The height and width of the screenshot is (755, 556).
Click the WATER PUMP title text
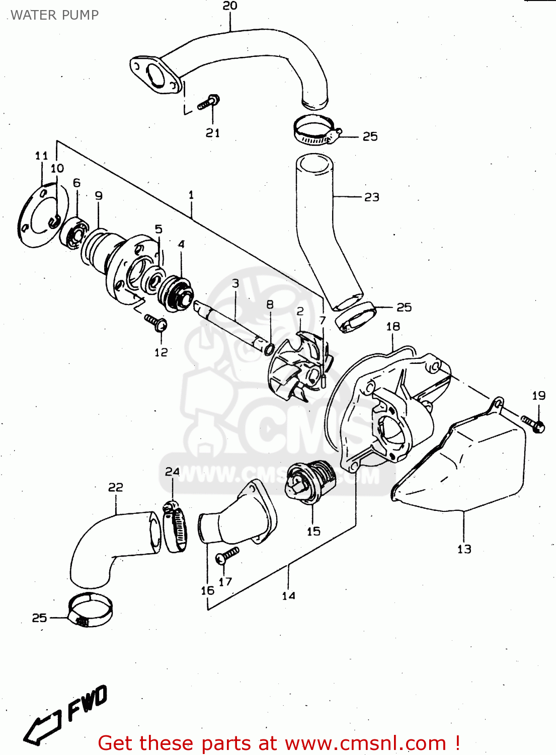[54, 15]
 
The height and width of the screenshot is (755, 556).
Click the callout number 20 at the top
[230, 6]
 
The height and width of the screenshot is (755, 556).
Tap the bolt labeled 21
[207, 103]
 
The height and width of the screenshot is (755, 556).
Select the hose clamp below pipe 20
[315, 130]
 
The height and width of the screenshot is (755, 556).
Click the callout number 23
[372, 197]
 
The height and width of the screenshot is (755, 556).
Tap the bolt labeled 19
[533, 423]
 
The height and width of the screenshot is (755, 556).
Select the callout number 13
[464, 549]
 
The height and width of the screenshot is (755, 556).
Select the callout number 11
[41, 156]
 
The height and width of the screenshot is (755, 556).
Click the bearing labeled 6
[74, 233]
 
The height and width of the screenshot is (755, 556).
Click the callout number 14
[288, 596]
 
